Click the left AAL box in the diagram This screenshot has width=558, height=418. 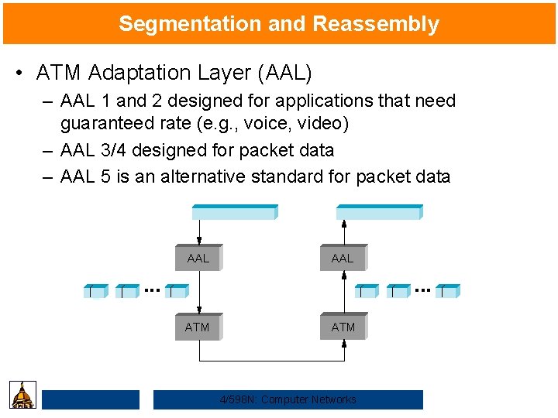(x=199, y=258)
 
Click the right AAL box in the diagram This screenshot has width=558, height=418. (x=343, y=258)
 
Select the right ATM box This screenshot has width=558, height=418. (x=343, y=327)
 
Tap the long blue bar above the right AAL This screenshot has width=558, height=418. (x=379, y=212)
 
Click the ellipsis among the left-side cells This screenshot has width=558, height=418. (x=152, y=290)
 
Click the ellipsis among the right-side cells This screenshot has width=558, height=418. (x=422, y=290)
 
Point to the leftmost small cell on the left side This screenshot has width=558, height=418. (x=95, y=291)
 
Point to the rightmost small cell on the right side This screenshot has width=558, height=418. (x=447, y=291)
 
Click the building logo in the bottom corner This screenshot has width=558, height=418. (x=23, y=395)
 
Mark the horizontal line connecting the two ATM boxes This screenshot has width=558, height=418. (x=271, y=361)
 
